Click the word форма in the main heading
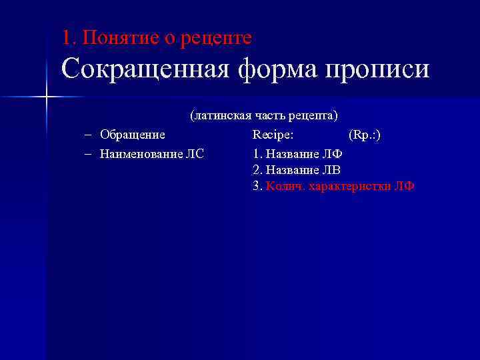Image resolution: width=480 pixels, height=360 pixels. point(277,69)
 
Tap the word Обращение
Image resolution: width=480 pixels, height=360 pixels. point(133,135)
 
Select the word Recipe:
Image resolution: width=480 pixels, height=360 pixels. point(273,135)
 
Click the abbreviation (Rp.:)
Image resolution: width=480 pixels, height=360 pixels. point(365,135)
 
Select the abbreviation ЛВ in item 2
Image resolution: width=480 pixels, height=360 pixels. point(331,170)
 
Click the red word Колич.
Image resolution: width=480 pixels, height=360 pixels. point(281,187)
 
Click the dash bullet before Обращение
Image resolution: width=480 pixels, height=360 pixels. point(89,135)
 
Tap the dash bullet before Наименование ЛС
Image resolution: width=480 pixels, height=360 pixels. point(89,154)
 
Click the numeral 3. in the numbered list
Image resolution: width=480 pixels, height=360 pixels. point(257,187)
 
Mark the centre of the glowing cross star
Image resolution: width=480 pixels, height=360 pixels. point(46,97)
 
